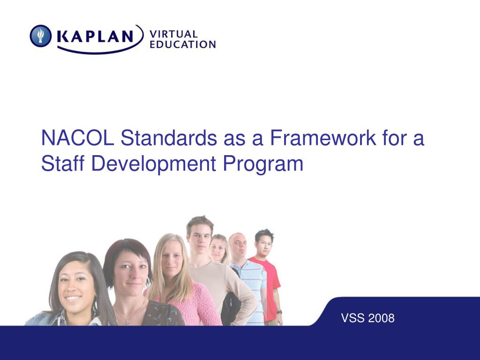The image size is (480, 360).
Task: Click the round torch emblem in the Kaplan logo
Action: (40, 36)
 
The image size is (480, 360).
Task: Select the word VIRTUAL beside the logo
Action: (173, 34)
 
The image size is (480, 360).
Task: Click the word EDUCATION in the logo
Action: (182, 44)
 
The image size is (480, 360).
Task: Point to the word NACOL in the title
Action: (78, 138)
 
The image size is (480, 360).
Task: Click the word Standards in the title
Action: (169, 138)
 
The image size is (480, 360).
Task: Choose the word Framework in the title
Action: (323, 138)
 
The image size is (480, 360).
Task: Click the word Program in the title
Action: (263, 165)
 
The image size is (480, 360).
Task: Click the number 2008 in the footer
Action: (381, 318)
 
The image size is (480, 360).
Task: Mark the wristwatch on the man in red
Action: (279, 312)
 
